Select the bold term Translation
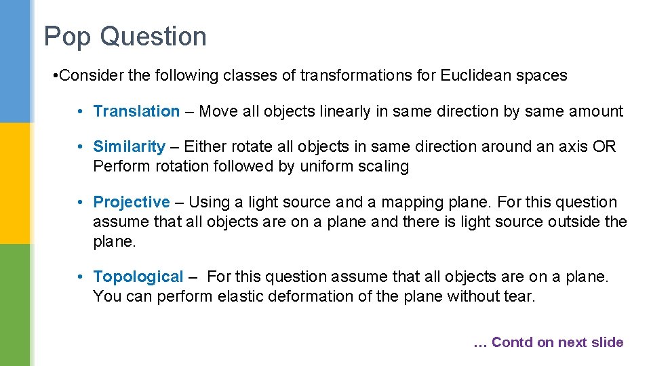pos(136,111)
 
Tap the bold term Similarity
pos(129,146)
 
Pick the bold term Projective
pos(132,202)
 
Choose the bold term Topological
pos(138,277)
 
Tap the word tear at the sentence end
pos(519,296)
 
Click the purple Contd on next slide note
pos(548,342)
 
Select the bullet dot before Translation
pos(80,111)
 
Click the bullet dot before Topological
pos(80,277)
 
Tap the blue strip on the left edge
pos(15,61)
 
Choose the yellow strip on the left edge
pos(15,183)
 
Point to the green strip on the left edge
pos(15,305)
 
